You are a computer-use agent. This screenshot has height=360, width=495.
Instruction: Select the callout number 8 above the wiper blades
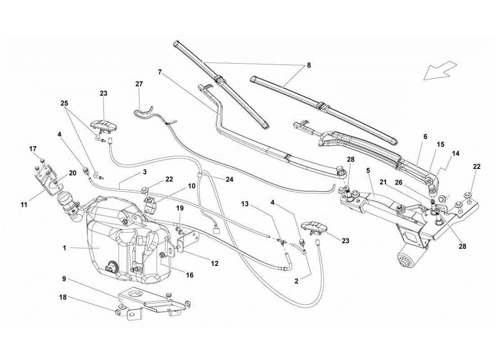[308, 65]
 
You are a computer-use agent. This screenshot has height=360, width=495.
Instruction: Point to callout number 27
[139, 84]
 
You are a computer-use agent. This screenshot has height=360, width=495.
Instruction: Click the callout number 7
[160, 72]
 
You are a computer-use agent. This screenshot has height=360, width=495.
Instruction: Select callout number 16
[189, 274]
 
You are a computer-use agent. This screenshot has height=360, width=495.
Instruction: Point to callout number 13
[244, 204]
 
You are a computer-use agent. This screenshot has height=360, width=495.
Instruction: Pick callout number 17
[33, 149]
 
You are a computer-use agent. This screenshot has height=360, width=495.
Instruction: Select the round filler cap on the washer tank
[66, 198]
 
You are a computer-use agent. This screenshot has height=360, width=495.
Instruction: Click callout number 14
[456, 153]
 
